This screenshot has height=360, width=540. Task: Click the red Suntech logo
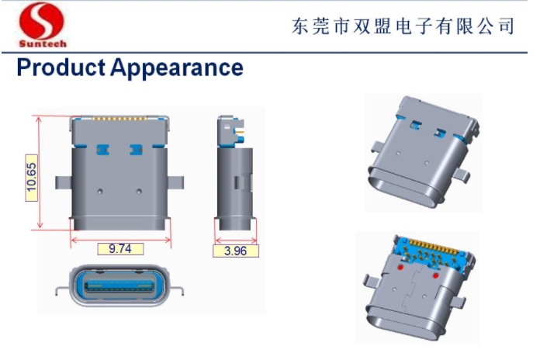tap(42, 25)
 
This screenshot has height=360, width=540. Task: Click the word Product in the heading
tap(61, 67)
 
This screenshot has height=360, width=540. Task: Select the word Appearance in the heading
tap(177, 68)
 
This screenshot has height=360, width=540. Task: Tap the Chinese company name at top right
tap(403, 26)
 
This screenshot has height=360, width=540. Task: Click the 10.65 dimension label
tap(31, 178)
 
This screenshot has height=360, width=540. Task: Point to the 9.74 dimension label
tap(120, 249)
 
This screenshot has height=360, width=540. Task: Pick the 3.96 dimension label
tap(236, 251)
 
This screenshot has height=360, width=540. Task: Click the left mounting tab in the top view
tap(64, 182)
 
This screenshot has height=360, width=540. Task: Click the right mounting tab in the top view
tap(175, 182)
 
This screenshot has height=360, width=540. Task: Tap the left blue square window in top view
tap(102, 150)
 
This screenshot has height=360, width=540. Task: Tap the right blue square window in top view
tap(136, 150)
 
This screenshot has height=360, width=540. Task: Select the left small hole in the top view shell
tap(100, 191)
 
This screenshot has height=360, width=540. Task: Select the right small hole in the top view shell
tap(139, 191)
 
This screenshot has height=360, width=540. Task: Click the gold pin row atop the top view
tap(119, 119)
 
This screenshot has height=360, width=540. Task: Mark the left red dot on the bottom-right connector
tap(400, 267)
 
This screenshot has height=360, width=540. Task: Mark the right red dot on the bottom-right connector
tap(436, 275)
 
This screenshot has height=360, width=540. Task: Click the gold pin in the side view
tap(240, 132)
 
